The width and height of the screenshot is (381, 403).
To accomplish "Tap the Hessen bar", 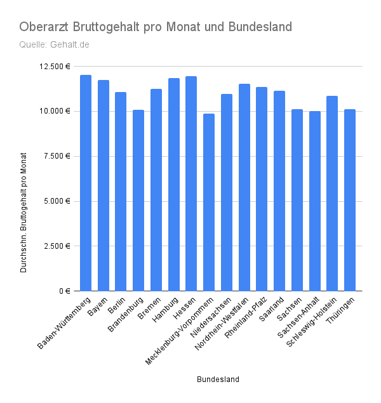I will click(191, 183).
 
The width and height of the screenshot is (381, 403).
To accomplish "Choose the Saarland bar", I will click(279, 190).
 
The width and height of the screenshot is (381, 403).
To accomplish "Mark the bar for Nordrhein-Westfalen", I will click(244, 187).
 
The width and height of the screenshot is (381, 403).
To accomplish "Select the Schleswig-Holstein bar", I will click(332, 193).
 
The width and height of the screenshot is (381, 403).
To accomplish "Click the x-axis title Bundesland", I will click(218, 380).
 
